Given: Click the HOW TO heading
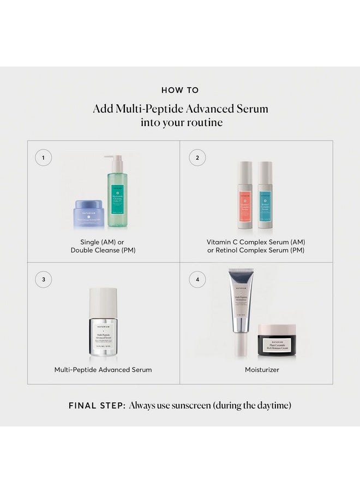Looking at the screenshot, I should coord(180,90).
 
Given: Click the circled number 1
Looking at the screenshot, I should coord(43,158).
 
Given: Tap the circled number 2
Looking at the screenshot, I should coord(197,158).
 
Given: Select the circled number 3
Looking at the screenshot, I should coord(43,280).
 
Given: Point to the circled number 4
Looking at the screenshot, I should coord(197,280).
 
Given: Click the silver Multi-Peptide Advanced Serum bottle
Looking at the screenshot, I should coord(103,333).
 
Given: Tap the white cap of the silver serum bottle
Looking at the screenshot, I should coord(103,302).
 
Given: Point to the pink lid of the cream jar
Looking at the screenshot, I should coord(277,329).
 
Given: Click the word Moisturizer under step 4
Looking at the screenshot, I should coord(256,369).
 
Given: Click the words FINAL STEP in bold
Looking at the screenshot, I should coord(96,405).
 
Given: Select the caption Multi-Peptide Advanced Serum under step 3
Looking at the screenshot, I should coord(103,369).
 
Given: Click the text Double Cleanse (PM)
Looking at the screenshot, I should coord(103,250).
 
